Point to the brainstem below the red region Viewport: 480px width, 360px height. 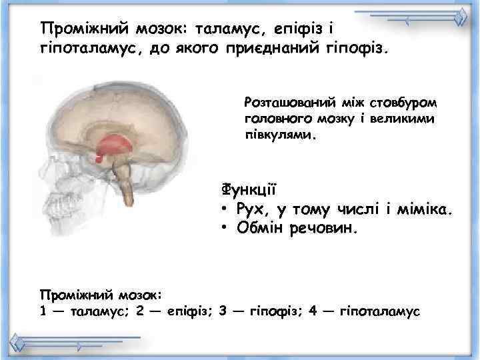pos(125,183)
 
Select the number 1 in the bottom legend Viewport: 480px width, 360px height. pos(44,310)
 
